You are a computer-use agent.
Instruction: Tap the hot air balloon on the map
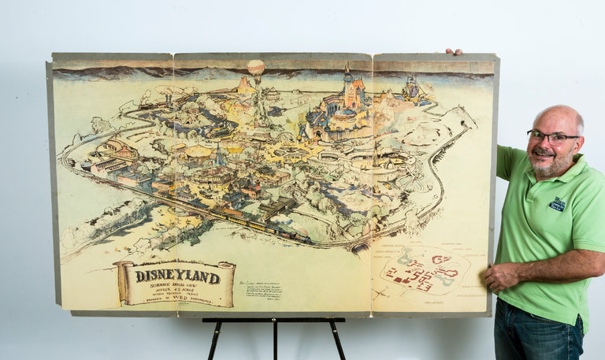256,68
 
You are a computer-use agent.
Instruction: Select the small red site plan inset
425,270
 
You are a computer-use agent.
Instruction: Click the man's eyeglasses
552,138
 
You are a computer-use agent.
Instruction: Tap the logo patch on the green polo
558,204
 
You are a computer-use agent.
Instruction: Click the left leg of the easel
215,340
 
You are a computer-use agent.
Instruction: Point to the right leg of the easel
337,340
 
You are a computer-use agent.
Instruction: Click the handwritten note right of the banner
263,288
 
